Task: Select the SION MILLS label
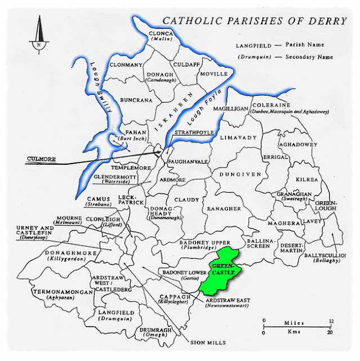207,342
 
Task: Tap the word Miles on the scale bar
294,323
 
